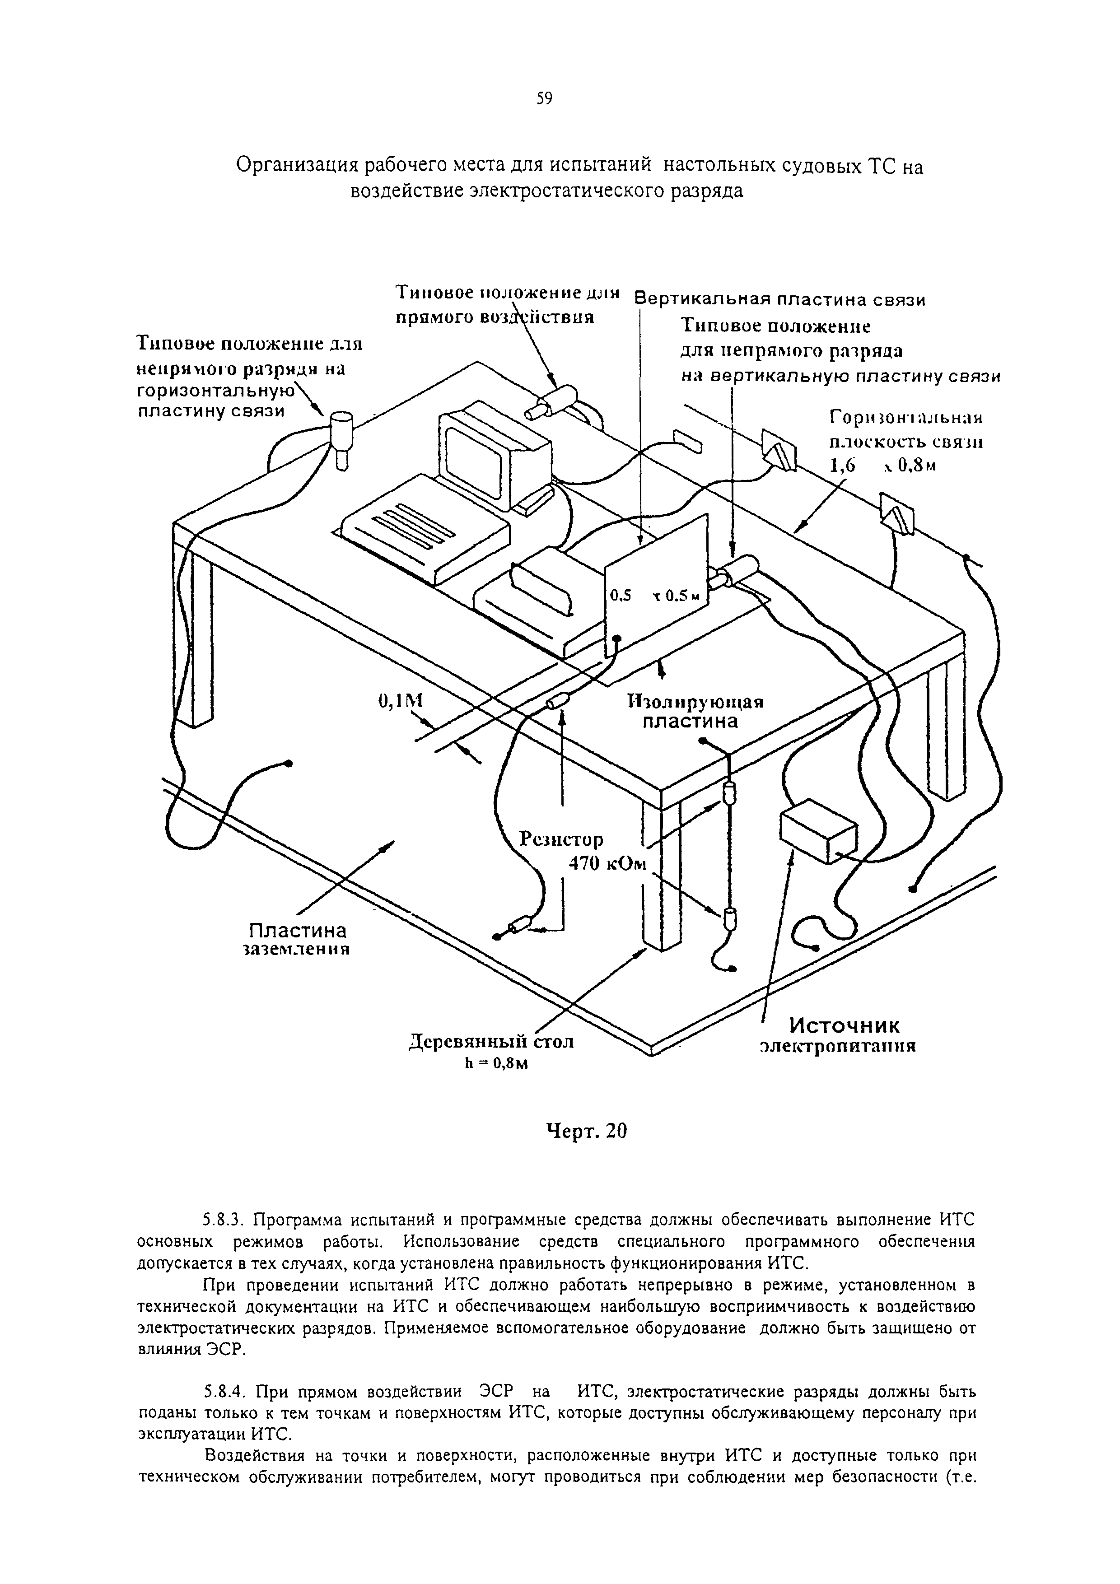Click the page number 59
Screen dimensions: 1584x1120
click(545, 99)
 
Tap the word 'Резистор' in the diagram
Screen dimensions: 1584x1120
click(561, 839)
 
